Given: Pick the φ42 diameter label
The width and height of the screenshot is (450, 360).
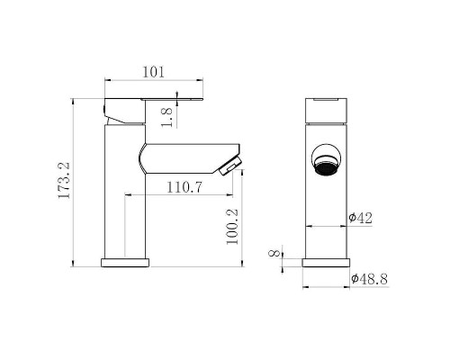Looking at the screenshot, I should coord(361,217).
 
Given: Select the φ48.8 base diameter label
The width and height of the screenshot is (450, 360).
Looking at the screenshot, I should coord(369,279).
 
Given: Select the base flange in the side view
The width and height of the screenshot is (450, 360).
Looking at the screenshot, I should coord(126,263).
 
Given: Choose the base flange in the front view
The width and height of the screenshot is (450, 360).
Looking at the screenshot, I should coord(326,263).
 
